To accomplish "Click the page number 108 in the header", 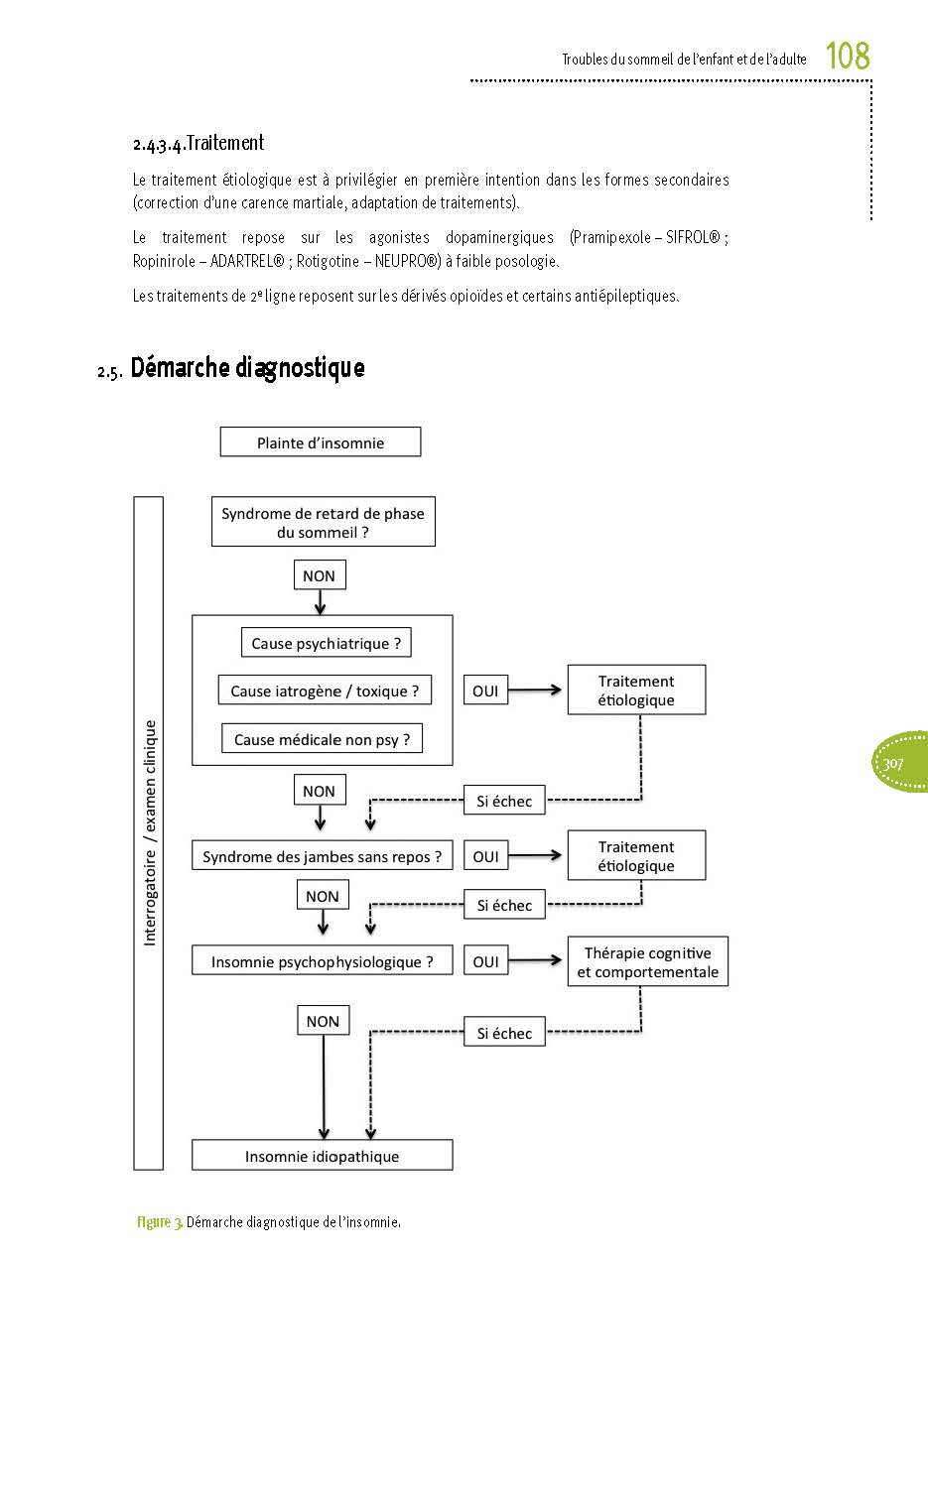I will [848, 57].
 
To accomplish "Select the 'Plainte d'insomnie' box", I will [321, 442].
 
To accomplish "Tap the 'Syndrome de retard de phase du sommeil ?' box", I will [323, 523].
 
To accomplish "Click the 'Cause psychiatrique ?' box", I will [326, 643].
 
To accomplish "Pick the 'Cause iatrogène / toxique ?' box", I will [325, 691].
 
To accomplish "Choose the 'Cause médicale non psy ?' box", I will [322, 739].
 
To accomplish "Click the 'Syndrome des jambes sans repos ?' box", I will [322, 856].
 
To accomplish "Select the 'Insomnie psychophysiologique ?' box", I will [322, 961].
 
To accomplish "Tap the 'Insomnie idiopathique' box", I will [322, 1156].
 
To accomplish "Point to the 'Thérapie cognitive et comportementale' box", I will [647, 962].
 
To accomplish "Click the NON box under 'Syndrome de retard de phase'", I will [319, 575].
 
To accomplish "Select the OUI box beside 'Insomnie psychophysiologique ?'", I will [485, 961].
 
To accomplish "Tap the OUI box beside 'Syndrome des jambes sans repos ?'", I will [485, 856].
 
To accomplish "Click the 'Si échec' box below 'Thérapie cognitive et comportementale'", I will [504, 1033].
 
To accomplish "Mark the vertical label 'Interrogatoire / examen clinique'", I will [149, 832].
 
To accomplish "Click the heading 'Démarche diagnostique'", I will [247, 368].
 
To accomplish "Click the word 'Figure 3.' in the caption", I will [159, 1222].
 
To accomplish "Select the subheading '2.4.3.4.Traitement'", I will [199, 144].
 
